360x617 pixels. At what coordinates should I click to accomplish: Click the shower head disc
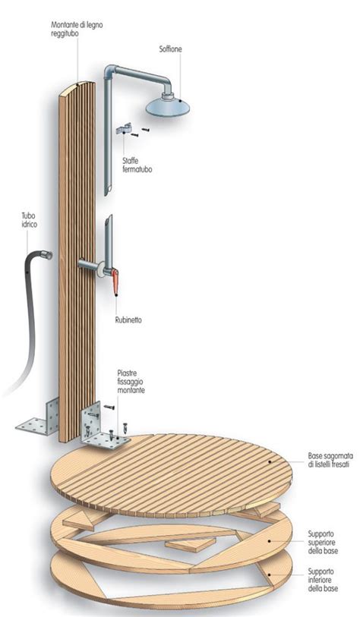[167, 105]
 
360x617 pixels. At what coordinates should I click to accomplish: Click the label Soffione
[171, 49]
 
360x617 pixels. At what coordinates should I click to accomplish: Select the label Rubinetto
[128, 320]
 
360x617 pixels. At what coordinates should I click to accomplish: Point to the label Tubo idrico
[28, 220]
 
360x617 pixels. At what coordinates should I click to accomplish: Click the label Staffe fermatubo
[137, 165]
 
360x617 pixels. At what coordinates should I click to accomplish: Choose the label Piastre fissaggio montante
[131, 381]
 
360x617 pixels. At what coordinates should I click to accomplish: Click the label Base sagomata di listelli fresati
[330, 461]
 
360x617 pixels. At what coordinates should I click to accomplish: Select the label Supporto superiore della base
[323, 542]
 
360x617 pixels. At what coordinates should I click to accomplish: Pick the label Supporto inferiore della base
[323, 580]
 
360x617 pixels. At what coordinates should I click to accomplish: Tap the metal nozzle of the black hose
[47, 255]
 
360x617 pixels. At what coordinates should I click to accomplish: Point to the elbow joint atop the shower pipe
[112, 70]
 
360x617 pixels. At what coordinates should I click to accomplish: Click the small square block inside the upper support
[190, 545]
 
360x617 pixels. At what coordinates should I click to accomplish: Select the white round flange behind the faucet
[102, 269]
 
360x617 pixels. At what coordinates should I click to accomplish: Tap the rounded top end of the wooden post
[77, 87]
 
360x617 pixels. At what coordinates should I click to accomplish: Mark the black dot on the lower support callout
[270, 575]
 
